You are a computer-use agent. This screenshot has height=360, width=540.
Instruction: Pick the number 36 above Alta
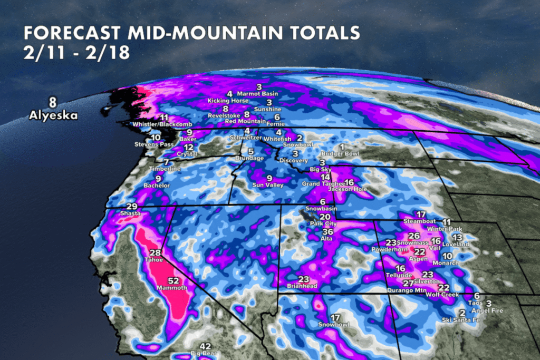pos(328,231)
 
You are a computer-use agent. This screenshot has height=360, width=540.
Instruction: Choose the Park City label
pos(324,223)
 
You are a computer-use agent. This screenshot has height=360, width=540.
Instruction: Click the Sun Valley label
pos(269,185)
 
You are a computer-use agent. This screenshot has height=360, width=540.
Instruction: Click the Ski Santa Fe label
pos(461,319)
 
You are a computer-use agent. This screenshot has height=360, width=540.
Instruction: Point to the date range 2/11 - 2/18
pos(76,54)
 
